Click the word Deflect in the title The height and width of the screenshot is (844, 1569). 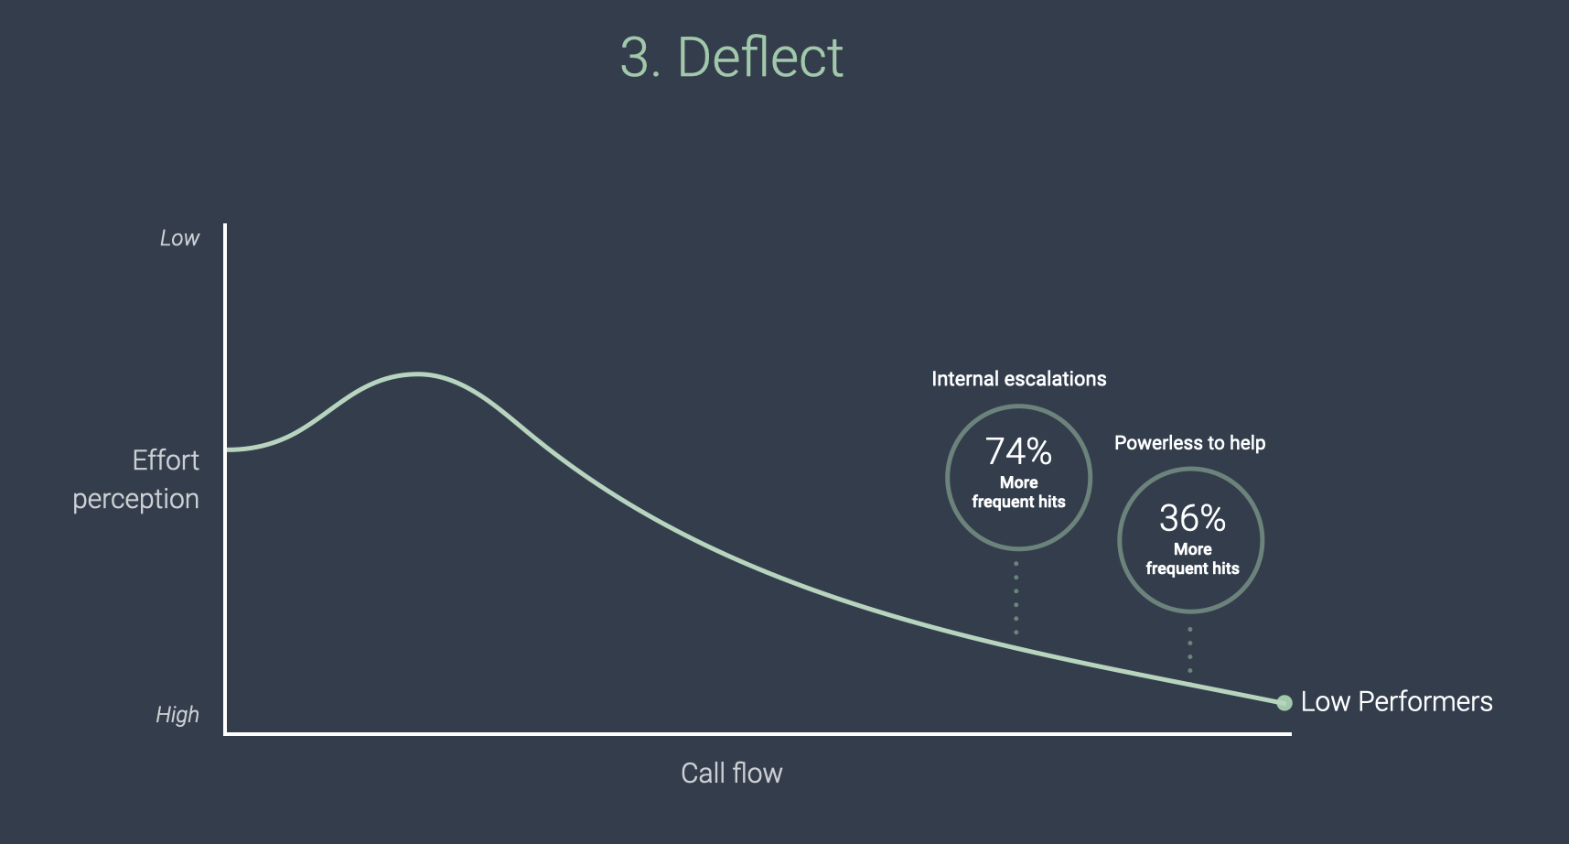759,58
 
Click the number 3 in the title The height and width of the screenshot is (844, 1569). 635,59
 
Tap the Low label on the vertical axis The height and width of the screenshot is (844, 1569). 179,239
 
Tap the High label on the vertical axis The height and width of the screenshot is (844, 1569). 177,715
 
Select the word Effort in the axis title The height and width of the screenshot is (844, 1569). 166,460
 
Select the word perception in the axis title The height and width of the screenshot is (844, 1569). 135,499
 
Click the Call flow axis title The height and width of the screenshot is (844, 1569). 732,774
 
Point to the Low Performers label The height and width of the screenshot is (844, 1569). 1396,702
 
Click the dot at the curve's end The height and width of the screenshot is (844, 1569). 1284,703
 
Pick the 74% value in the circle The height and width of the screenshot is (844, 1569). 1018,451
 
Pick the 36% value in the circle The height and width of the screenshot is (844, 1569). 1192,518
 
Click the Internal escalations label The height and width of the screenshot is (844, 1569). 1018,379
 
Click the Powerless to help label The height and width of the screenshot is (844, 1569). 1189,443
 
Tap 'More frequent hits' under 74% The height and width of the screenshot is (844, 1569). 1018,492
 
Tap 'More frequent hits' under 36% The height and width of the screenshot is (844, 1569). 1192,559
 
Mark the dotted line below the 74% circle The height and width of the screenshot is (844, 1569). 1016,598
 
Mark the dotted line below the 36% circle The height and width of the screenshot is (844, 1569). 1190,650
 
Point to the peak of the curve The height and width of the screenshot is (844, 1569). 418,373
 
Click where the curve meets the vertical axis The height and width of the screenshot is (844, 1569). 227,449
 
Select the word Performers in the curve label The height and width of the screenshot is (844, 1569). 1424,702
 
